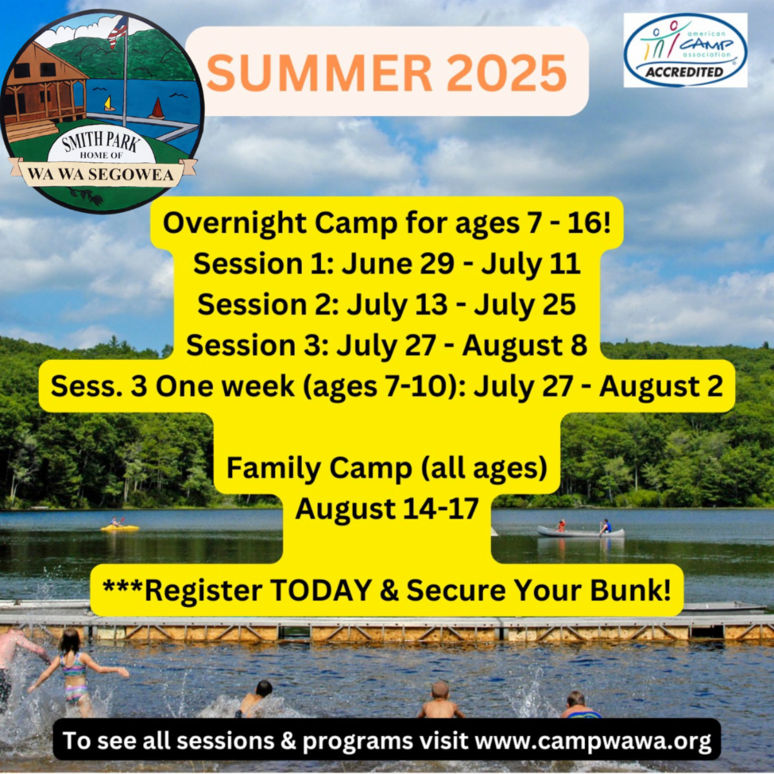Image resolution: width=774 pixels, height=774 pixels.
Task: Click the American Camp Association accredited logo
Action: click(685, 50)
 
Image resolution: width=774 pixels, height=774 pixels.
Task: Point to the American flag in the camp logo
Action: click(117, 32)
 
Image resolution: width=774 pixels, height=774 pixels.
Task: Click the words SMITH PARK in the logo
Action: click(101, 143)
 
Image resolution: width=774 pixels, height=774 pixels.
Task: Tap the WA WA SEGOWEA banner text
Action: click(101, 174)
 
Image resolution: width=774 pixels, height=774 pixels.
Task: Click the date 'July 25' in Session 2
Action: click(524, 305)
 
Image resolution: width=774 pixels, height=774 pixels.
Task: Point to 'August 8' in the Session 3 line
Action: click(524, 346)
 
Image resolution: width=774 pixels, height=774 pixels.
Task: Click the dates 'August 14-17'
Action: click(387, 509)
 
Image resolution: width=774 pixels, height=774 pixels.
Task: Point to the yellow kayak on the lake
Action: click(119, 528)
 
